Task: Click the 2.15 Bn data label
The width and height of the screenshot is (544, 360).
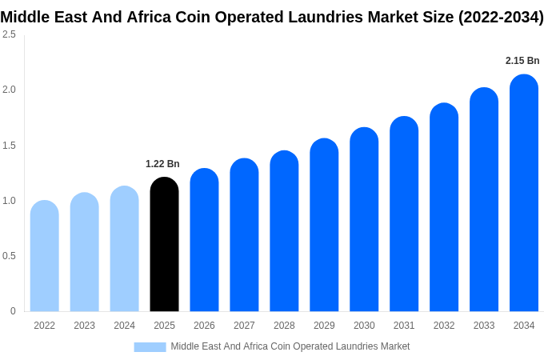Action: coord(522,61)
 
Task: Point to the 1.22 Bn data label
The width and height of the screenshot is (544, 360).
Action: coord(162,164)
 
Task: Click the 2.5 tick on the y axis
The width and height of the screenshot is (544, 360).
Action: coord(9,34)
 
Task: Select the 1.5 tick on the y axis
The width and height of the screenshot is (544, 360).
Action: coord(9,145)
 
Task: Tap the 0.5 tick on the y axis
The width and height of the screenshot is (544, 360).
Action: coord(9,256)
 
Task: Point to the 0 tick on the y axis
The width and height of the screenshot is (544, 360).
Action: coord(13,311)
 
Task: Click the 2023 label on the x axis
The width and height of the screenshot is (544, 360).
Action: coord(84,326)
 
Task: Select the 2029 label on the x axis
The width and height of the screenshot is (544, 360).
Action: coord(324,326)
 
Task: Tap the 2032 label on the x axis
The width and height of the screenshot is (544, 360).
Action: coord(444,326)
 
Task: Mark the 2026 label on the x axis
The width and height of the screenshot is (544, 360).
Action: coord(204,326)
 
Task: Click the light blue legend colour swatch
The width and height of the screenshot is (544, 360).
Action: coord(150,346)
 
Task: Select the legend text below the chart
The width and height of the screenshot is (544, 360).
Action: coord(290,346)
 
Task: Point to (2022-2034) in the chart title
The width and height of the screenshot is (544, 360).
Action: coord(500,18)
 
